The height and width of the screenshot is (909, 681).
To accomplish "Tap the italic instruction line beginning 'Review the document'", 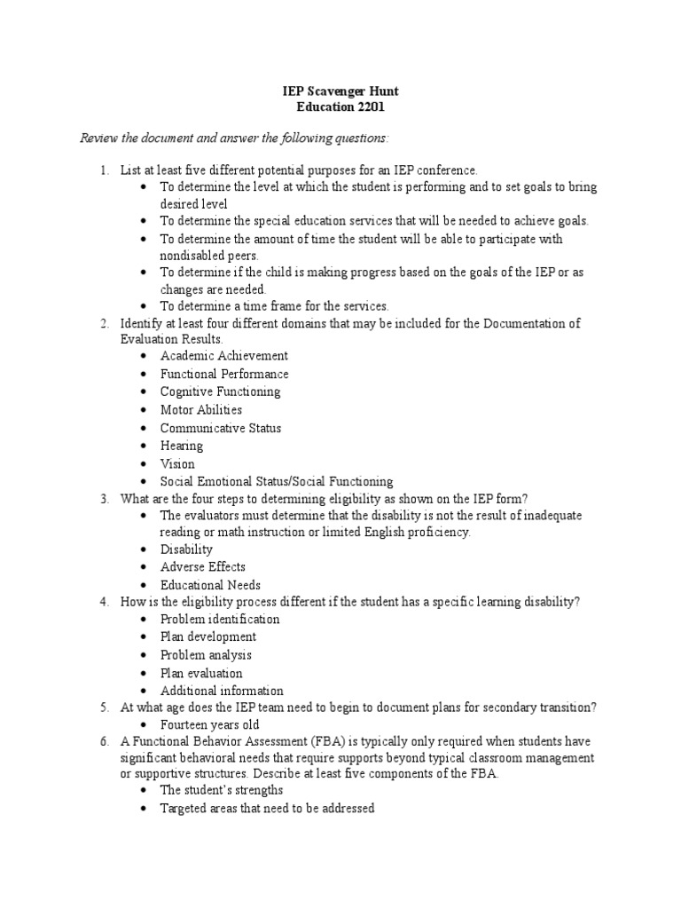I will pyautogui.click(x=234, y=138).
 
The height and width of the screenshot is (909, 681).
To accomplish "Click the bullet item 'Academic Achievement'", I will pyautogui.click(x=223, y=356).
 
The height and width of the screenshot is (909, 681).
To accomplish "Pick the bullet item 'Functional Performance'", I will pyautogui.click(x=224, y=374).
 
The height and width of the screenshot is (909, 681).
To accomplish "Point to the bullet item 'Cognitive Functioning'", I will pyautogui.click(x=220, y=391).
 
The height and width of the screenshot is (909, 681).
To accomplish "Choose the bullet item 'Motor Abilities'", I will pyautogui.click(x=200, y=410).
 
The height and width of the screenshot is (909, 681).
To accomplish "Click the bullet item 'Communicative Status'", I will pyautogui.click(x=221, y=428).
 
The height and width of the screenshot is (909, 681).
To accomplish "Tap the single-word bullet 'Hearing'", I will pyautogui.click(x=182, y=446).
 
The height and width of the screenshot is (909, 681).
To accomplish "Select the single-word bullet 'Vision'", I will pyautogui.click(x=177, y=463).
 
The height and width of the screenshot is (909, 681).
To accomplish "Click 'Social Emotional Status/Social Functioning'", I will pyautogui.click(x=276, y=481).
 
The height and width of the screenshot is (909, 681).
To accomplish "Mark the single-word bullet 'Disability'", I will pyautogui.click(x=186, y=549).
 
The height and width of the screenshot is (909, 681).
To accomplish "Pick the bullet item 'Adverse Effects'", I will pyautogui.click(x=203, y=567).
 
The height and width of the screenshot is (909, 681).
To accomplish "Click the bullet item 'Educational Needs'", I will pyautogui.click(x=210, y=585).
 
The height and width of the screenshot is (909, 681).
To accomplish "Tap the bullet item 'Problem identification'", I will pyautogui.click(x=220, y=620).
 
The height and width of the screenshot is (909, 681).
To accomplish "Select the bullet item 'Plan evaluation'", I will pyautogui.click(x=201, y=673).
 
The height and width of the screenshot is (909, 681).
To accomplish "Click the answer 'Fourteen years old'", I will pyautogui.click(x=211, y=725).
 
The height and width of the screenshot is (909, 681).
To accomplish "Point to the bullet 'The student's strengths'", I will pyautogui.click(x=222, y=790).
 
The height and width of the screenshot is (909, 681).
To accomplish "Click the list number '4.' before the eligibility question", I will pyautogui.click(x=104, y=602).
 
